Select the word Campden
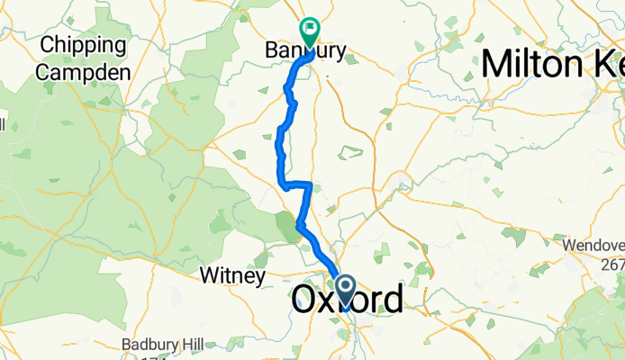pyautogui.click(x=87, y=71)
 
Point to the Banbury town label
pyautogui.click(x=306, y=51)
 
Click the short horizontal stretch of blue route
pyautogui.click(x=297, y=185)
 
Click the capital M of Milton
pyautogui.click(x=498, y=64)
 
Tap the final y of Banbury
pyautogui.click(x=340, y=52)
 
